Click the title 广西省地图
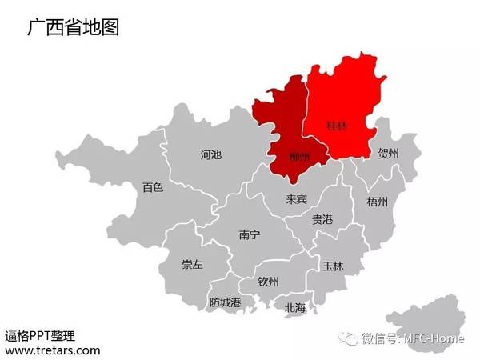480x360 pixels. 73,28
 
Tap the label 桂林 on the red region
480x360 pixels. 338,126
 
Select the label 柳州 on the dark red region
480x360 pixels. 299,157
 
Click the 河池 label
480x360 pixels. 211,154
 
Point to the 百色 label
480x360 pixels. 153,187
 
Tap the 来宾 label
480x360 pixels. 297,198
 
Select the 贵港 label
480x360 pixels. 322,219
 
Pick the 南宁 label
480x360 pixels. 250,234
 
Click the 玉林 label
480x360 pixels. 333,266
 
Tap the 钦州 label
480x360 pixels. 269,282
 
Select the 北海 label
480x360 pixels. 295,307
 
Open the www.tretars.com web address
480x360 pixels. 53,350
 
